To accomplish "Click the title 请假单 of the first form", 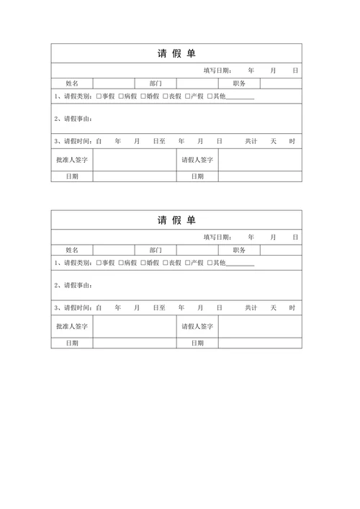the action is click(x=176, y=53).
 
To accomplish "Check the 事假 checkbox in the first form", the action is click(x=99, y=96).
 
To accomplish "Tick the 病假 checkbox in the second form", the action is click(x=121, y=263).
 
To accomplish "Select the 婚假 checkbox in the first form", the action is click(x=143, y=96).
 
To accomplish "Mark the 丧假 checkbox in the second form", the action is click(x=165, y=263).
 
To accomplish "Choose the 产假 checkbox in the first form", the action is click(x=187, y=96).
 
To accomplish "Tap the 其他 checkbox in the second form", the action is click(x=210, y=263).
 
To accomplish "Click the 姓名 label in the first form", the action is click(x=71, y=84).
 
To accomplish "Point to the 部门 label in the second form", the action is click(x=156, y=251).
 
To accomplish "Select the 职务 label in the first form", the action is click(x=239, y=84).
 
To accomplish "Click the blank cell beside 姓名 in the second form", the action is click(x=113, y=251).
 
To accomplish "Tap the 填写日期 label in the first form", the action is click(x=217, y=71).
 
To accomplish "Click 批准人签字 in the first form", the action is click(x=71, y=160).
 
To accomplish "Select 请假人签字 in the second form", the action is click(x=197, y=327).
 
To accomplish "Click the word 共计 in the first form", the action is click(x=251, y=141).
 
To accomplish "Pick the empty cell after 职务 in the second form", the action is click(x=281, y=251).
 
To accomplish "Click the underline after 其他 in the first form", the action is click(x=240, y=97).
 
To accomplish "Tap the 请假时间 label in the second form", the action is click(x=74, y=308).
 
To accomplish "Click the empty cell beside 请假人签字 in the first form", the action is click(x=260, y=160).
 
